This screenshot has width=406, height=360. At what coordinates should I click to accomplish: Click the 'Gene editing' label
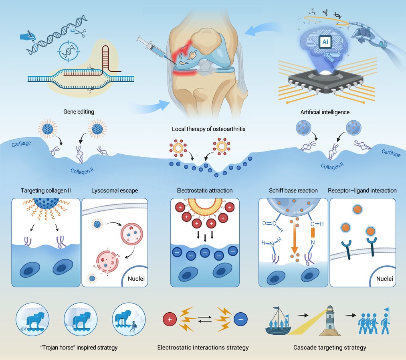[79, 111]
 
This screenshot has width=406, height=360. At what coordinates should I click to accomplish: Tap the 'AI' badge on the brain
[325, 42]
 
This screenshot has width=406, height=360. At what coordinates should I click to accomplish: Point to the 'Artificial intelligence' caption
[325, 112]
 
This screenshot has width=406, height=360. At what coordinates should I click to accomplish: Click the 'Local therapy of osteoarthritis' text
[208, 129]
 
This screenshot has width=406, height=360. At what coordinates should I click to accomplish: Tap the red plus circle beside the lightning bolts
[170, 320]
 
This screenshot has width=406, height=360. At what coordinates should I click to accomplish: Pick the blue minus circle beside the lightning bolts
[240, 320]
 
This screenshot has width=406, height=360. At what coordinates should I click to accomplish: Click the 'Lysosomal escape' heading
[115, 190]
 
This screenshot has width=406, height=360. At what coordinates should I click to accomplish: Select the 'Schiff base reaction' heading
[293, 190]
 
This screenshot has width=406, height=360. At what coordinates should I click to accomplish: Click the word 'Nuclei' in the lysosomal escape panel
[136, 279]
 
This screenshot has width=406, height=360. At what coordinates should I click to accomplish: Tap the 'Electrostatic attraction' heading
[204, 190]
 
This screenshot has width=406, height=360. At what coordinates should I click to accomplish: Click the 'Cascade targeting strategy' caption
[329, 348]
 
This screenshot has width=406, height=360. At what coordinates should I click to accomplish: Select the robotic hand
[373, 36]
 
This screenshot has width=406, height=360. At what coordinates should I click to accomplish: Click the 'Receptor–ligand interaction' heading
[362, 190]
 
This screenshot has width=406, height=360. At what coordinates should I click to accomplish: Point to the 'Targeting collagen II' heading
[46, 190]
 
